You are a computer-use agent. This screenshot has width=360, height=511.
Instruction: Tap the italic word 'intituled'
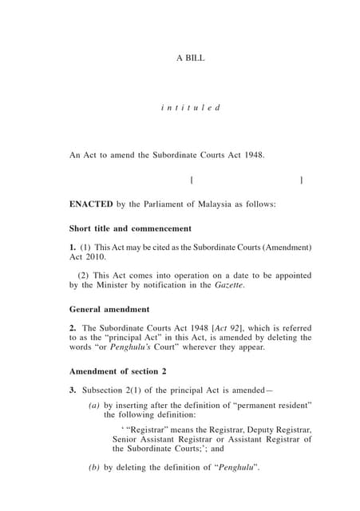[190, 107]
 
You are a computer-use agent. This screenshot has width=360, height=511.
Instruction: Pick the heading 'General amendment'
[109, 309]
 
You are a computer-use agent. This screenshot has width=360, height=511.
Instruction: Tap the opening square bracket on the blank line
[193, 180]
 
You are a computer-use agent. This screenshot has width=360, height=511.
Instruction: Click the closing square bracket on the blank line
[301, 180]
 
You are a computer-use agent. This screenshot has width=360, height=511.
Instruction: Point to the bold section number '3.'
[73, 390]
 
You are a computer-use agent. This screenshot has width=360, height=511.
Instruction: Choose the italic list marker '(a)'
[95, 405]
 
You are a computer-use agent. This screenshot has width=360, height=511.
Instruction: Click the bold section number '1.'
[73, 248]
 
